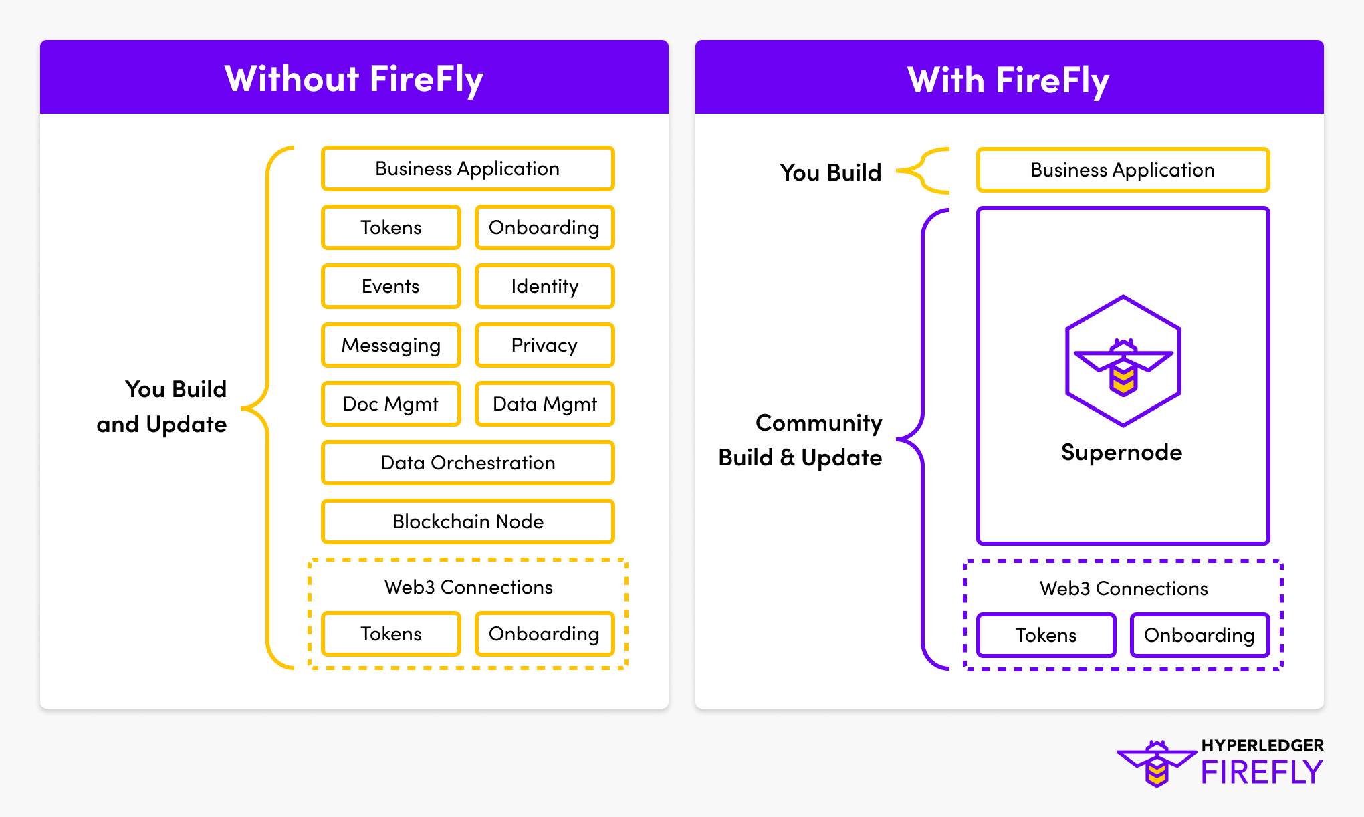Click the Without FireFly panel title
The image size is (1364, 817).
coord(354,79)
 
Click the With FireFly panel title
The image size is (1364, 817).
coord(1008,80)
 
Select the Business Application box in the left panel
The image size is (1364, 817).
coord(467,168)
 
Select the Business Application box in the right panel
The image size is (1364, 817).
coord(1123,170)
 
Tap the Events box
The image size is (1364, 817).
coord(390,286)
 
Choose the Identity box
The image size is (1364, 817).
coord(544,286)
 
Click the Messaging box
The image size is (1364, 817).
coord(390,345)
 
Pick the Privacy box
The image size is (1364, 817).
coord(544,345)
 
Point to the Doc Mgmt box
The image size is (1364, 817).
coord(390,404)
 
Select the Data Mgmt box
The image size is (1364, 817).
coord(544,404)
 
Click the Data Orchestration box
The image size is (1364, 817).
coord(467,463)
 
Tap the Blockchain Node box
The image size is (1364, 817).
coord(467,521)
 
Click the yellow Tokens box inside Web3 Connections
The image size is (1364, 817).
coord(390,634)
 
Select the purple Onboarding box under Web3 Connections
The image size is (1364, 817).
coord(1200,635)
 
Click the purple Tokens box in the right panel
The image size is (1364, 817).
coord(1046,635)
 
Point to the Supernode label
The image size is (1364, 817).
coord(1121,453)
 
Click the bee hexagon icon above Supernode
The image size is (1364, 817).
coord(1123,361)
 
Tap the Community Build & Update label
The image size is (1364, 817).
coord(800,440)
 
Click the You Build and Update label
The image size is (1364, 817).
coord(162,406)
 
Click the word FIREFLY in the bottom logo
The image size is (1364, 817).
coord(1262,773)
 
